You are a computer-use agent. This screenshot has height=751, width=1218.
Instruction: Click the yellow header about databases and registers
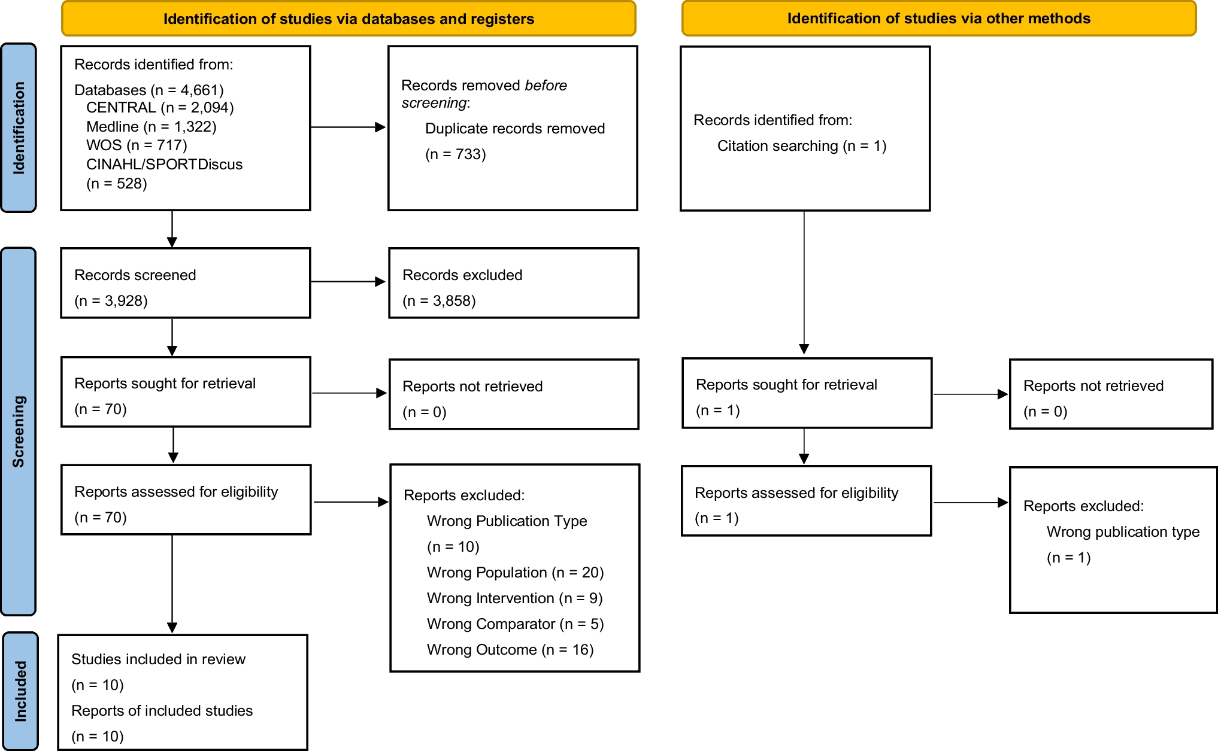click(x=349, y=19)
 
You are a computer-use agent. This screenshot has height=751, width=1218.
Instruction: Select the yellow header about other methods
click(x=938, y=19)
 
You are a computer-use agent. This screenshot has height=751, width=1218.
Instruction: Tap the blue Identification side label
click(x=19, y=128)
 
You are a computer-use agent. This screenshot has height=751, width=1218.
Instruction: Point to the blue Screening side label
click(x=19, y=431)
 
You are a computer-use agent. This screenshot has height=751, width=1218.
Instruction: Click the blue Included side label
click(x=20, y=691)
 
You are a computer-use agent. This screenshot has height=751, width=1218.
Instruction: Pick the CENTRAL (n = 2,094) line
click(x=160, y=108)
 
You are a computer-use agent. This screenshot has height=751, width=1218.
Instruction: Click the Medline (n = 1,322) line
click(x=151, y=127)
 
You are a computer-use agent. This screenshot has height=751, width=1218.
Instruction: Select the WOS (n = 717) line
click(x=137, y=145)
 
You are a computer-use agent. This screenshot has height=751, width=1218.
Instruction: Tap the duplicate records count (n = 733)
click(x=455, y=154)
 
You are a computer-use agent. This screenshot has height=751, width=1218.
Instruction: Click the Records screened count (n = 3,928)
click(x=111, y=300)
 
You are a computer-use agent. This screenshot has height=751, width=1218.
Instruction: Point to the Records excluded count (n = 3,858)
click(x=439, y=300)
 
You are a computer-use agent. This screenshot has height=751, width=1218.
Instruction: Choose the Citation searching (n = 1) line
click(x=801, y=146)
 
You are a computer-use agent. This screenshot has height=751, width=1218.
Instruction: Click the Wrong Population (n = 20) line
click(x=515, y=573)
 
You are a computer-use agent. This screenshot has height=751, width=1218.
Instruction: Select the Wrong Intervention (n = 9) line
click(x=514, y=598)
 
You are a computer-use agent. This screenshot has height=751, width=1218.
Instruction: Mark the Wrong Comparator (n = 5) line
click(x=515, y=624)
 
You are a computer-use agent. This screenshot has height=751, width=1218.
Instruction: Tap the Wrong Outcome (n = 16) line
click(x=510, y=650)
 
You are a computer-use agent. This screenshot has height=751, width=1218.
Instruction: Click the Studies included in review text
click(x=158, y=659)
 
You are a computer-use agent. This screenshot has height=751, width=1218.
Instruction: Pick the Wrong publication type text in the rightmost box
click(x=1123, y=532)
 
